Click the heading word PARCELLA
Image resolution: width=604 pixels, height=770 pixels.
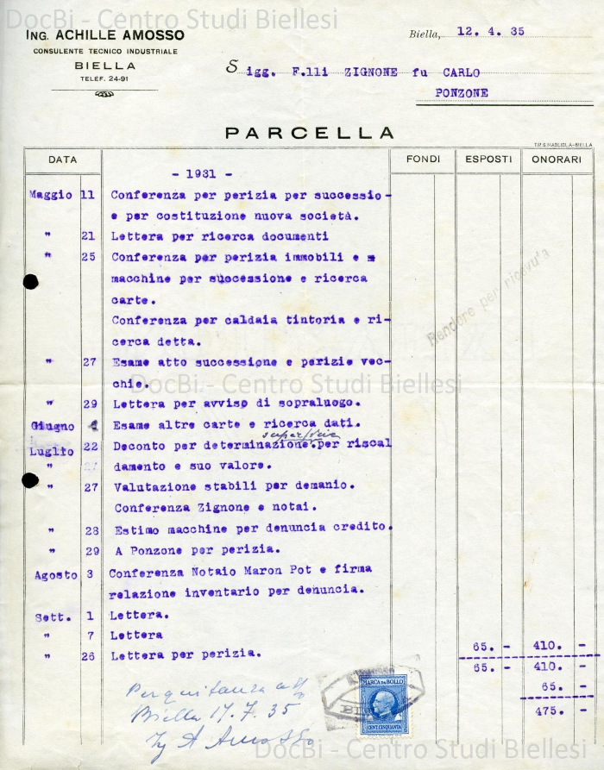tap(310, 133)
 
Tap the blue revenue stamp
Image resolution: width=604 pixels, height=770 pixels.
tap(383, 704)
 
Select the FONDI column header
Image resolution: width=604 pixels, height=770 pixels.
tap(423, 160)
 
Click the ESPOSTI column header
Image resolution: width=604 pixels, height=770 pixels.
tap(488, 160)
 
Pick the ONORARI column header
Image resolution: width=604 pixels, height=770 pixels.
tap(557, 160)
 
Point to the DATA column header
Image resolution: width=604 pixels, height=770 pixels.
tap(62, 160)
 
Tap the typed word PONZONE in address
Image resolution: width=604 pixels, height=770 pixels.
tap(462, 92)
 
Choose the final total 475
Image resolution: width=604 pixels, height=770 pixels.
tap(549, 711)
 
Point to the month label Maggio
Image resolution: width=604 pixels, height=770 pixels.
tap(50, 195)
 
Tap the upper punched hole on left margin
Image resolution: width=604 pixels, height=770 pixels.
tap(31, 281)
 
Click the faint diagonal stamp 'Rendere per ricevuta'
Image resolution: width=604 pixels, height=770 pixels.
tap(488, 297)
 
